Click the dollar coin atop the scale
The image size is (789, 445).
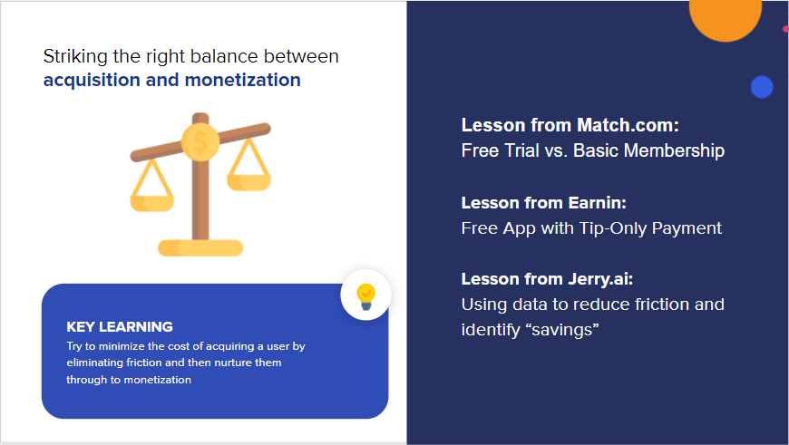click(x=200, y=141)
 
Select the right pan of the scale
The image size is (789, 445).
click(x=248, y=179)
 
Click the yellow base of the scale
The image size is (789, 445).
click(x=200, y=247)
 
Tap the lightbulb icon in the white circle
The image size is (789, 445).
click(x=365, y=295)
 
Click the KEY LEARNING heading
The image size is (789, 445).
click(x=120, y=326)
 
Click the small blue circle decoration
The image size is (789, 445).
click(x=761, y=87)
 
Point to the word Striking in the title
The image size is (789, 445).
click(x=73, y=56)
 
